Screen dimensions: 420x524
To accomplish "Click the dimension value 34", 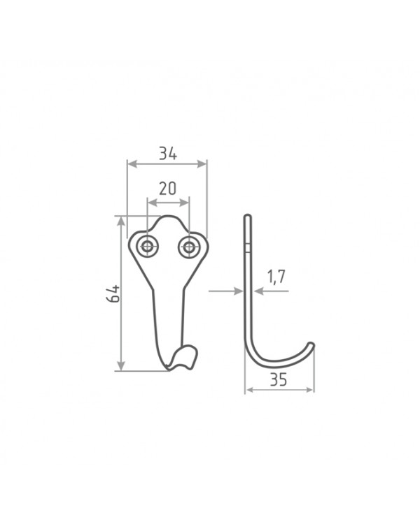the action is (167, 154).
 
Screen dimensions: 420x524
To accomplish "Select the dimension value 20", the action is (167, 189).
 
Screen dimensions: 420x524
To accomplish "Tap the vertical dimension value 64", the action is (113, 293).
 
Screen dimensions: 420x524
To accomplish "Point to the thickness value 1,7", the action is (276, 277).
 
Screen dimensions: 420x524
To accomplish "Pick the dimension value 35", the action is (279, 379).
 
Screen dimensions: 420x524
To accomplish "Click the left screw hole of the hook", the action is (148, 247).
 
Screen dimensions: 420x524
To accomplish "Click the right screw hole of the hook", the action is (189, 247).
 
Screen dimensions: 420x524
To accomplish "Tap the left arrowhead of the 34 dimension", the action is (132, 163).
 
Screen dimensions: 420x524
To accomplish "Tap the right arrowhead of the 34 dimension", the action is (202, 163).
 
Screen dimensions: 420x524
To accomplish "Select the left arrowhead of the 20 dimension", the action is (153, 203).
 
